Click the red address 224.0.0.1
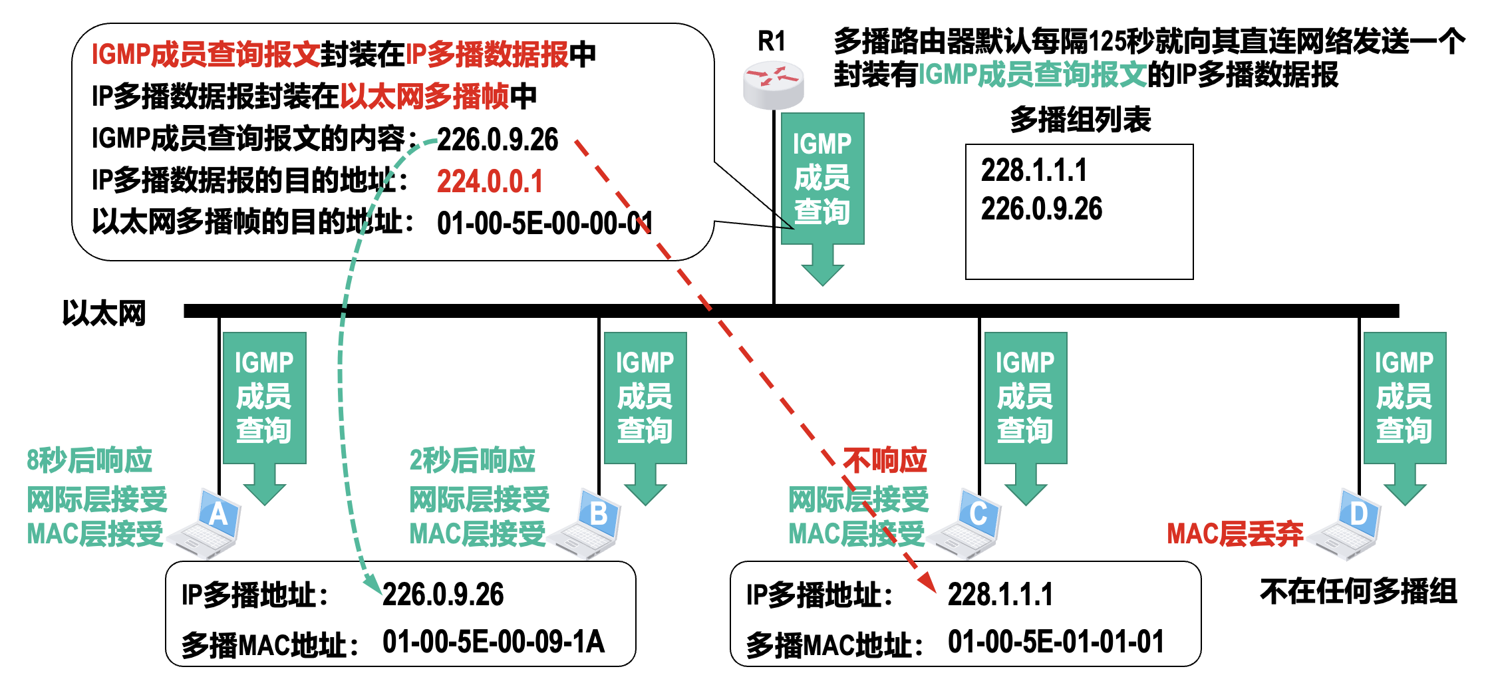(490, 182)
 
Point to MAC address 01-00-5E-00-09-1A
(493, 642)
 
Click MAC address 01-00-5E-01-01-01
(1056, 642)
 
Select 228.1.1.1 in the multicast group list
(1034, 170)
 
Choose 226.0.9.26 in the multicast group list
(1042, 209)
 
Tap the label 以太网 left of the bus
(104, 313)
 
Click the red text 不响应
(885, 460)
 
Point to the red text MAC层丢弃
(1235, 534)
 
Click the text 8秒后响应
(89, 460)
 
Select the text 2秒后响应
(472, 460)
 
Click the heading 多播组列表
(1080, 120)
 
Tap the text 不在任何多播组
(1358, 591)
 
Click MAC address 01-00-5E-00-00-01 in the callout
(544, 223)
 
